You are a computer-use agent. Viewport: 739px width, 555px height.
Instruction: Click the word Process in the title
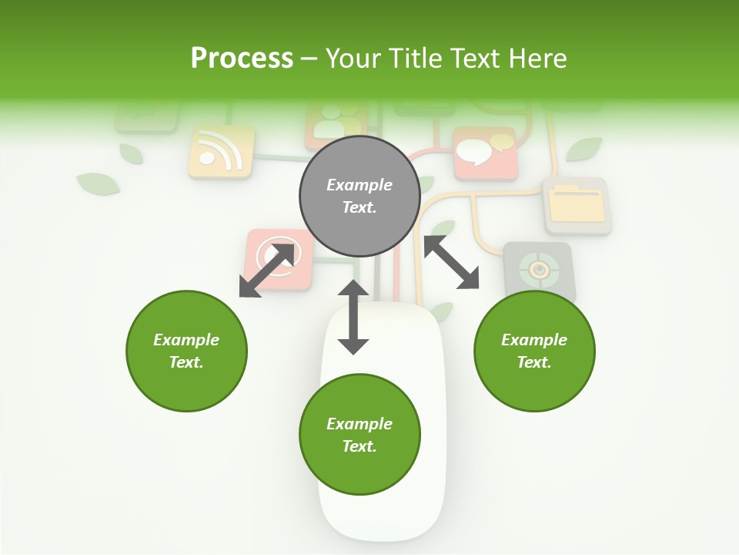coord(242,59)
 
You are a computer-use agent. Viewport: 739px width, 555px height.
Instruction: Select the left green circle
coord(186,351)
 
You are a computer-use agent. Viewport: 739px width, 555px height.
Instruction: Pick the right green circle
coord(534,351)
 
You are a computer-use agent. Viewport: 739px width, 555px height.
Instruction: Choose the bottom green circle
coord(359,435)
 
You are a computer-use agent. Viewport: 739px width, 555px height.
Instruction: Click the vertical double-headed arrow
coord(353,317)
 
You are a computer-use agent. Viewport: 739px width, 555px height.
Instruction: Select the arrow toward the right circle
coord(451,262)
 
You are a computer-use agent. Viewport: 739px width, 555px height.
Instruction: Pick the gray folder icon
coord(577,206)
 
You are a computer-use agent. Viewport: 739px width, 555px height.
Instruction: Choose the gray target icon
coord(540,270)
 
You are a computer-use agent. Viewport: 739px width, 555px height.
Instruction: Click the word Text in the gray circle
coord(359,207)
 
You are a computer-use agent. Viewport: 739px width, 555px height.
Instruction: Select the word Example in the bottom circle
coord(359,424)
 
